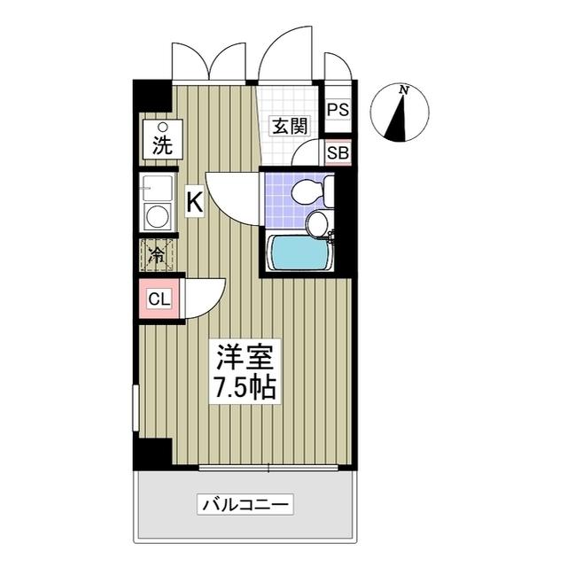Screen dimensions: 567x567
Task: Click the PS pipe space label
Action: click(337, 109)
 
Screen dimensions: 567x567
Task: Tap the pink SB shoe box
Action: click(337, 152)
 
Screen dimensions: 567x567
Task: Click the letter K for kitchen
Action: click(194, 203)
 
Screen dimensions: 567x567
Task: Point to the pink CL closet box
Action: click(159, 299)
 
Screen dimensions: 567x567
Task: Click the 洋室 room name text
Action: click(245, 358)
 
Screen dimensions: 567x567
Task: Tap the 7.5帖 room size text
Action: click(245, 387)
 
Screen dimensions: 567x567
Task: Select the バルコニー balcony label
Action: click(245, 506)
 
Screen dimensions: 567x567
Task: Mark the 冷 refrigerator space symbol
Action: click(156, 256)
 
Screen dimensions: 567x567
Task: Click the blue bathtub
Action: click(299, 252)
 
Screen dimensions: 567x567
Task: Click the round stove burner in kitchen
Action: click(158, 217)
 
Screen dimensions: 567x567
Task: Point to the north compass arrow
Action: click(401, 115)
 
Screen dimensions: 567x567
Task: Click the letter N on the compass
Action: click(404, 89)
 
